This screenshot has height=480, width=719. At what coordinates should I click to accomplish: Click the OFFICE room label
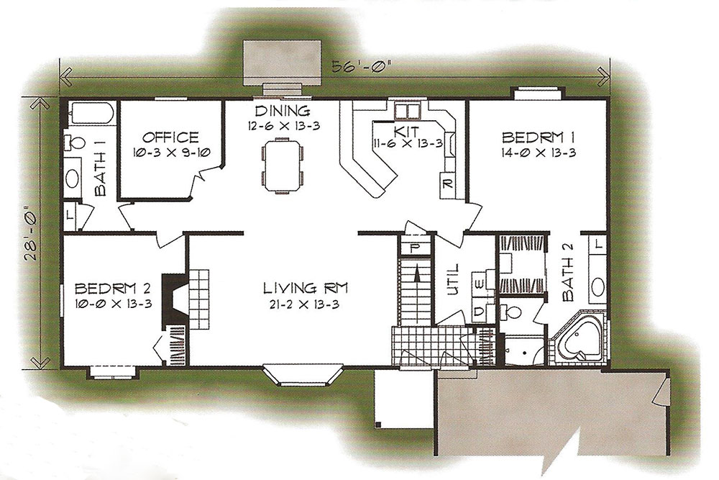tap(170, 137)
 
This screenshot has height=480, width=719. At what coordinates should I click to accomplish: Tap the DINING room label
tap(283, 111)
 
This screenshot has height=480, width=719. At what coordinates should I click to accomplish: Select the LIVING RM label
tap(306, 288)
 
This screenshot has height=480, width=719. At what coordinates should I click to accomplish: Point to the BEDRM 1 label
tap(539, 137)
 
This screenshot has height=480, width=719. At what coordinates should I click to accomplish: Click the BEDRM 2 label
tap(112, 289)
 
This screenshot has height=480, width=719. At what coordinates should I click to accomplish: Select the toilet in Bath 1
tap(74, 142)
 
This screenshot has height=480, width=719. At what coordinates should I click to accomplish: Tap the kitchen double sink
tap(408, 111)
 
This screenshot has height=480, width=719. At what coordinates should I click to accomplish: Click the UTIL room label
tap(452, 279)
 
